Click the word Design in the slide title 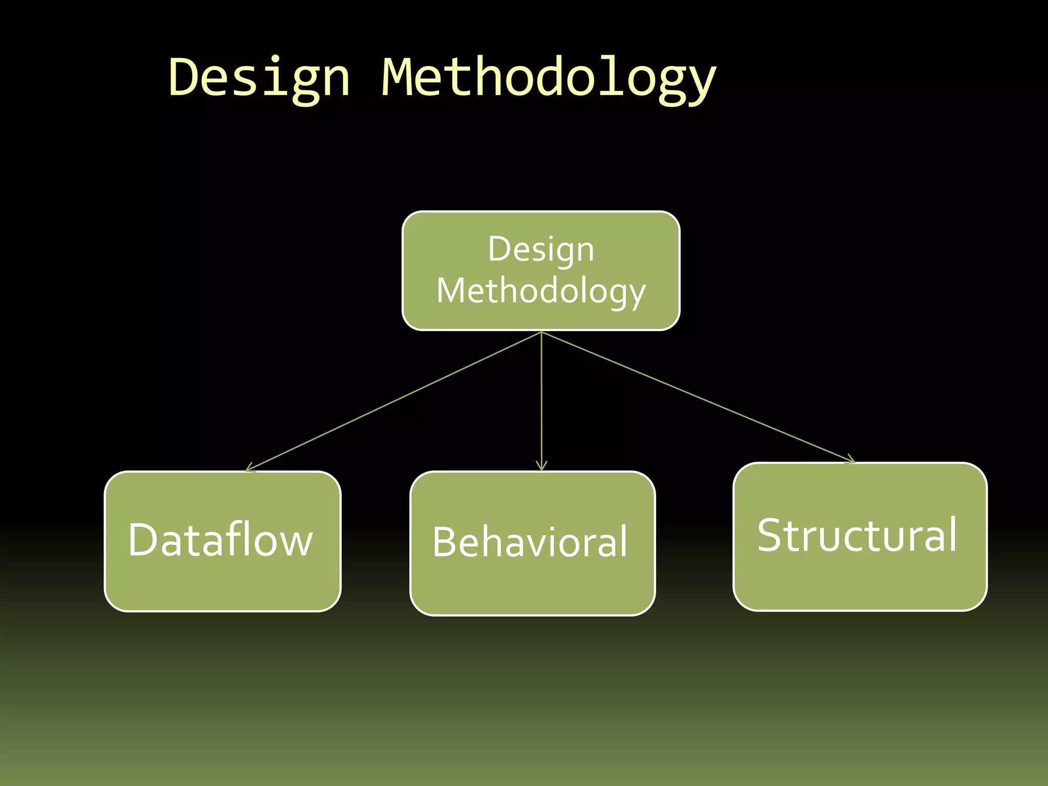pyautogui.click(x=259, y=78)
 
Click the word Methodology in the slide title pyautogui.click(x=549, y=78)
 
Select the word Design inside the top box pyautogui.click(x=541, y=250)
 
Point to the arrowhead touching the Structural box pyautogui.click(x=850, y=460)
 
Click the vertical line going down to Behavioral pyautogui.click(x=541, y=399)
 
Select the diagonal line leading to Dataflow pyautogui.click(x=394, y=402)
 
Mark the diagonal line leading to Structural pyautogui.click(x=696, y=397)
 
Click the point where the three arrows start pyautogui.click(x=541, y=333)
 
